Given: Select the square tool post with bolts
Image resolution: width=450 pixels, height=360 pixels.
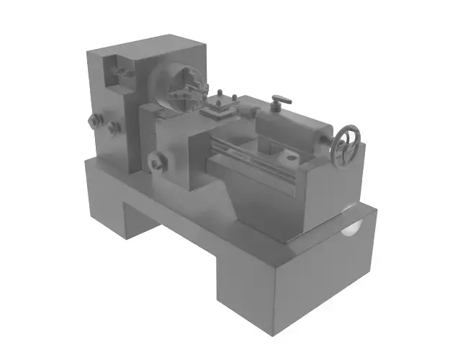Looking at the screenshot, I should [217, 109].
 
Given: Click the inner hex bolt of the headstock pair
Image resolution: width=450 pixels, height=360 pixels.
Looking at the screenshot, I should [113, 128].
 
